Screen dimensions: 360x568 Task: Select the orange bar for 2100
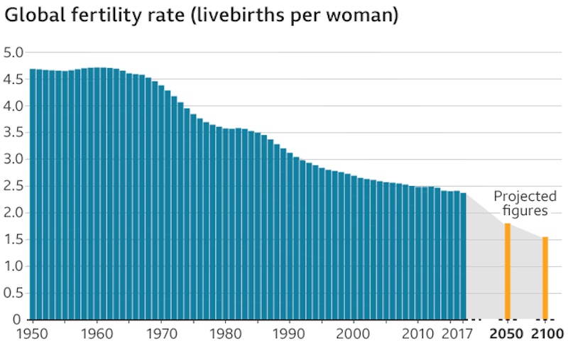click(x=545, y=278)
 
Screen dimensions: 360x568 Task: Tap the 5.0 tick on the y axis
click(x=14, y=53)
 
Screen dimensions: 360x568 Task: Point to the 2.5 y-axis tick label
click(x=14, y=186)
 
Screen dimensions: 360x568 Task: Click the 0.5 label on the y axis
click(x=14, y=293)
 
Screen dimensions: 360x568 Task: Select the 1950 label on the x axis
click(x=33, y=334)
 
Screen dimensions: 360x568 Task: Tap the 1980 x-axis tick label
click(x=225, y=334)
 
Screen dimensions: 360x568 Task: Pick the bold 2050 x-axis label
click(x=507, y=334)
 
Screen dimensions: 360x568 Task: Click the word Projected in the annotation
click(x=525, y=197)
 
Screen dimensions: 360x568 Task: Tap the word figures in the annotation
click(x=525, y=210)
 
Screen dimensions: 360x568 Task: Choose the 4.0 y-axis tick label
click(x=14, y=106)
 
